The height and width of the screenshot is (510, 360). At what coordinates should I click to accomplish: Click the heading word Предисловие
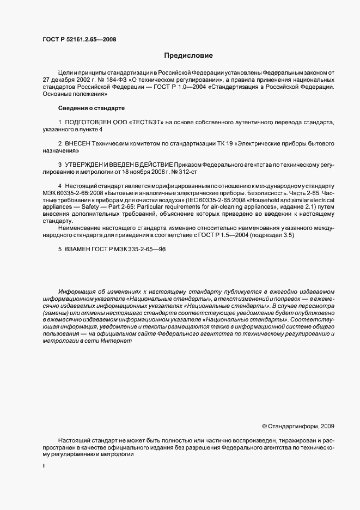188,55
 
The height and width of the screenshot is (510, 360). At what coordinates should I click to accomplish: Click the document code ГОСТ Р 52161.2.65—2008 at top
79,39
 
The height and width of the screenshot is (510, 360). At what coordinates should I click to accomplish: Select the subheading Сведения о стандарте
91,108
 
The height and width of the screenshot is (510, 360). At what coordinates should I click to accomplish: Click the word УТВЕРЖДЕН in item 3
87,165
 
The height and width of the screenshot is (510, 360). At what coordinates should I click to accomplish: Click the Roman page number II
44,466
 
